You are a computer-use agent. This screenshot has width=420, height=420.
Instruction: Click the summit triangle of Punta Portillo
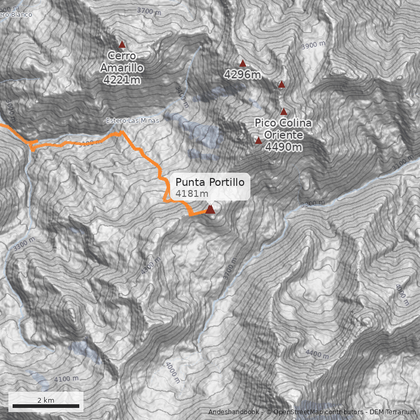[210, 209]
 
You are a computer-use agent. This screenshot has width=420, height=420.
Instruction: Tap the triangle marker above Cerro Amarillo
[122, 45]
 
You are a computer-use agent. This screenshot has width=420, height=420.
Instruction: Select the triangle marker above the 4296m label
[243, 64]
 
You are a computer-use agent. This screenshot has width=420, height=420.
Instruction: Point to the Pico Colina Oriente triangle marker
[258, 140]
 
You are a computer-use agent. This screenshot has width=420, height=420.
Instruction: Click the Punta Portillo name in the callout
[210, 182]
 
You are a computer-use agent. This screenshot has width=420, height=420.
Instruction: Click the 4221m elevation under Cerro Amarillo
[122, 80]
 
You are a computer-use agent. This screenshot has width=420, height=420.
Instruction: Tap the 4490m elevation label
[283, 147]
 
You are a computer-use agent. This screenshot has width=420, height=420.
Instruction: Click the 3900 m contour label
[314, 46]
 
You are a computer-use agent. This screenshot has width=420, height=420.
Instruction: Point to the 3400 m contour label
[182, 96]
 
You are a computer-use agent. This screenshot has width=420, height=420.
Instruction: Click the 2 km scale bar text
[46, 400]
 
